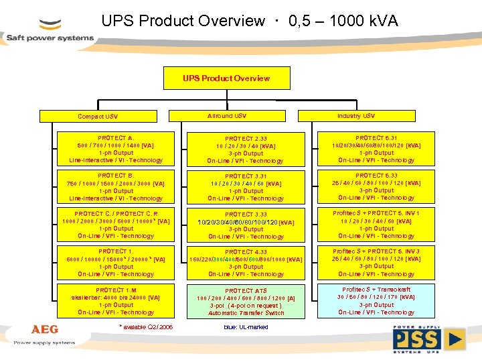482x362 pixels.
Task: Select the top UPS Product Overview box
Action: point(226,78)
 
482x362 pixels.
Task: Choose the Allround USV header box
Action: point(227,116)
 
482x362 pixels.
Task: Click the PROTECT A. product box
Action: point(116,149)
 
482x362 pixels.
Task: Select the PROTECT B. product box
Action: point(116,186)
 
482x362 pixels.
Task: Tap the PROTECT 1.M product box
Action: point(116,301)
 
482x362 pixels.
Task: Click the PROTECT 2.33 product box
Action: point(245,149)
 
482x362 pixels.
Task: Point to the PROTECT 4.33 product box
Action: point(245,263)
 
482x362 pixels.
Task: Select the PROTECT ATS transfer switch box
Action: point(245,301)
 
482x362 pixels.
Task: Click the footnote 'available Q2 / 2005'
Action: point(146,327)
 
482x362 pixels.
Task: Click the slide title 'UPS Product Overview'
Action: point(250,21)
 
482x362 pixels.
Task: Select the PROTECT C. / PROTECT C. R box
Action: point(116,225)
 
